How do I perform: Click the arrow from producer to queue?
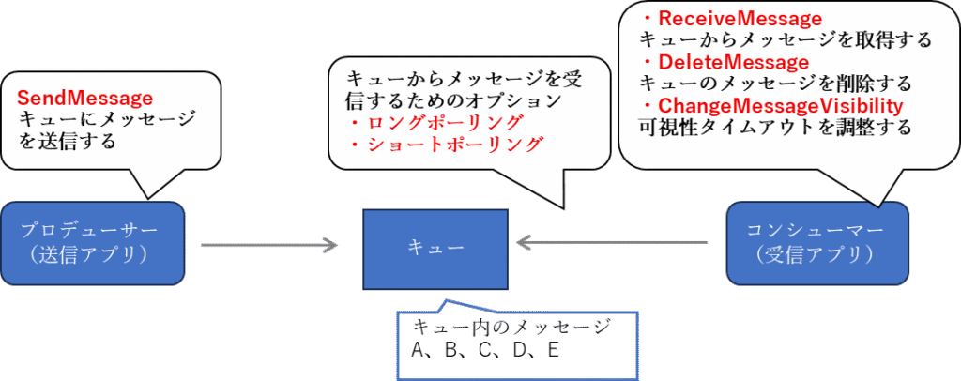269,246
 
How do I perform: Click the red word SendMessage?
84,97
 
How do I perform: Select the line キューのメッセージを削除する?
775,84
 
